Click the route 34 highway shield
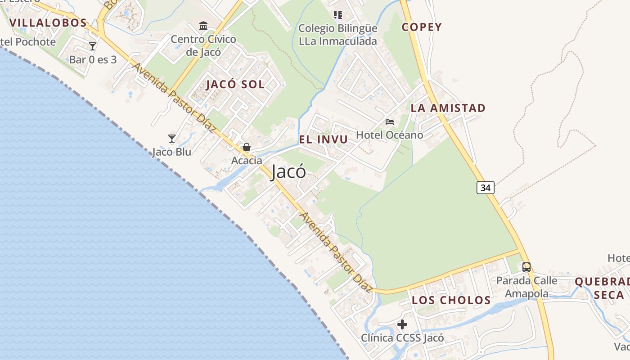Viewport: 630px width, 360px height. pos(485,188)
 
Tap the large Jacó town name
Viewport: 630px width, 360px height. pos(288,171)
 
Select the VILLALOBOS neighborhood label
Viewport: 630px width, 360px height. pos(48,23)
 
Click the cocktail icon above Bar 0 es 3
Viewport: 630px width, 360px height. pos(93,46)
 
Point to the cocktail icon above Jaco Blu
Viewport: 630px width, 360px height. pos(171,138)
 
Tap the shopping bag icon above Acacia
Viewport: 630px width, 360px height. pos(247,147)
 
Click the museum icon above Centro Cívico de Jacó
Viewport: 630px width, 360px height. pos(203,26)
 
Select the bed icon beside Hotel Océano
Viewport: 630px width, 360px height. pos(390,121)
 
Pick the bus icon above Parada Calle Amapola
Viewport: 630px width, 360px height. pos(526,267)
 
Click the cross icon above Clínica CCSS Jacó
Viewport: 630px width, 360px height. pos(402,324)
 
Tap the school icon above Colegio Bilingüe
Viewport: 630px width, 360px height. pos(338,15)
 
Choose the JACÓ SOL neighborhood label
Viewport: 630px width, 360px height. pos(235,85)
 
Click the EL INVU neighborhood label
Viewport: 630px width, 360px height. pos(324,139)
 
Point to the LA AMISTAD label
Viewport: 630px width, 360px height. pos(448,108)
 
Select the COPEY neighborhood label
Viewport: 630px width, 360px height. pos(422,27)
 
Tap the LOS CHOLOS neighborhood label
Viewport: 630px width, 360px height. pos(451,300)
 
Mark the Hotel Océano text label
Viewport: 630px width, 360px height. pos(390,135)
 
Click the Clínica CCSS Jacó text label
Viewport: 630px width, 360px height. pos(402,337)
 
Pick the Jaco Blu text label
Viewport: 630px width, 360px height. pos(171,152)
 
